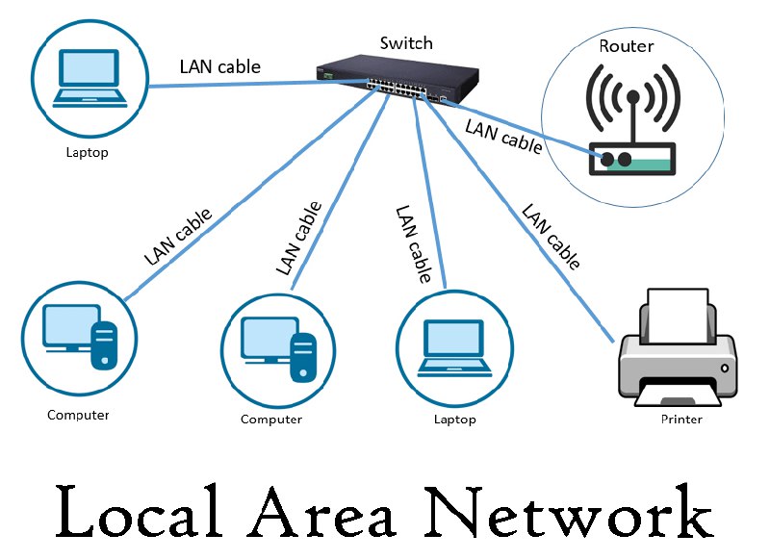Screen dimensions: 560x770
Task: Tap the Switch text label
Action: (x=406, y=42)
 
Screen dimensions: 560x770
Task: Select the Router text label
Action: (x=626, y=45)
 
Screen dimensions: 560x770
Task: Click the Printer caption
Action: (x=681, y=420)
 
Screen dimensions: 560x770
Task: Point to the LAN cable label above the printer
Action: (x=550, y=236)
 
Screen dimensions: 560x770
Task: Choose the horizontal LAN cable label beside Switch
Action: (x=219, y=67)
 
